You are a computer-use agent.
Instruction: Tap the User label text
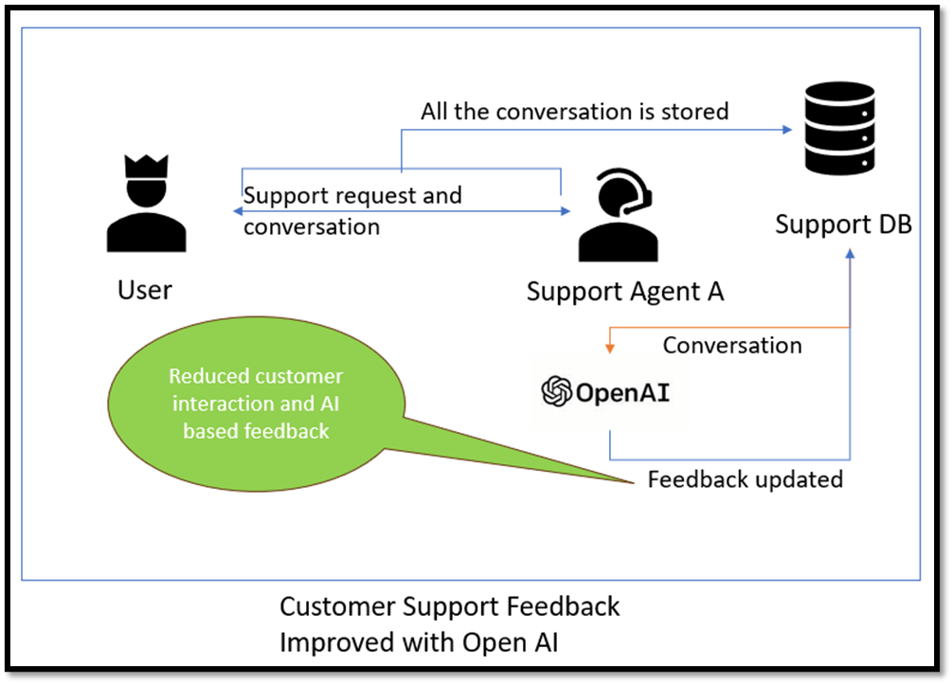(x=145, y=288)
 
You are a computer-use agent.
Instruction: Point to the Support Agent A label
(x=625, y=291)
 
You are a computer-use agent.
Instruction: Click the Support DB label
(x=843, y=225)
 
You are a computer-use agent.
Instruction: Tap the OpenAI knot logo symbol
(x=556, y=391)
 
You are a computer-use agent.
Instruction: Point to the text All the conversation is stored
(x=575, y=111)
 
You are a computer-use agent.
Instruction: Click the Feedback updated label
(x=745, y=479)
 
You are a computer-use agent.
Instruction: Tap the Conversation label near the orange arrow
(x=732, y=345)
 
